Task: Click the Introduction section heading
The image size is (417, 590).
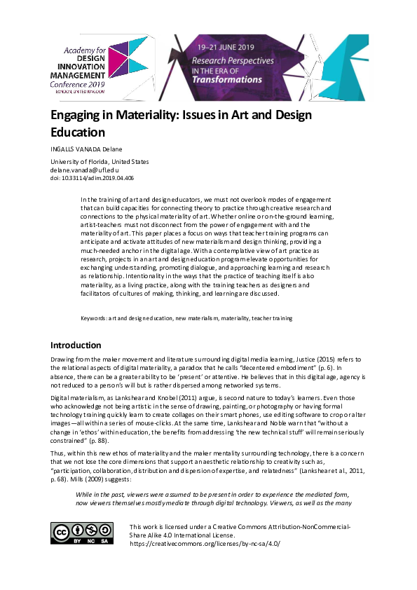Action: pyautogui.click(x=76, y=345)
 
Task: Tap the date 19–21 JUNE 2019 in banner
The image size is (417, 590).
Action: pyautogui.click(x=225, y=46)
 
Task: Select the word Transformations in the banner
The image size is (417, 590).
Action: pyautogui.click(x=227, y=79)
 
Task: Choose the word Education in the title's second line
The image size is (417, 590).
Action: pyautogui.click(x=77, y=132)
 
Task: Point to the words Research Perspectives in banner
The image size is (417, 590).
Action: pyautogui.click(x=232, y=61)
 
